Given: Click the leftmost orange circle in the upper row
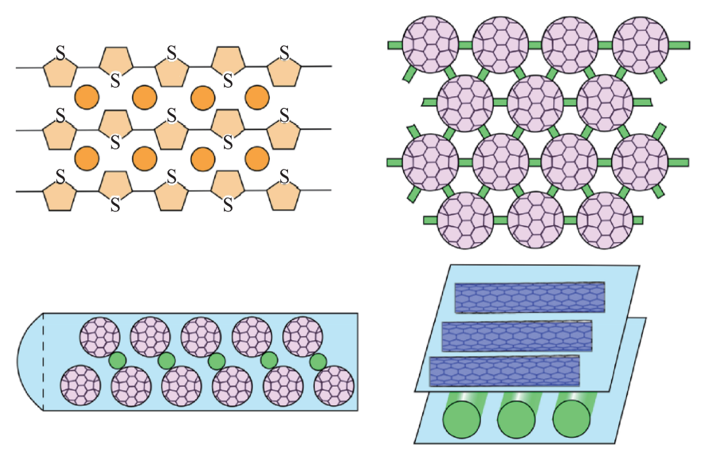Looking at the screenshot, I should pyautogui.click(x=87, y=97).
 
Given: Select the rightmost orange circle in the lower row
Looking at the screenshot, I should pyautogui.click(x=257, y=158).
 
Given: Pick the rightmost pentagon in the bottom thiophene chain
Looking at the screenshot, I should pyautogui.click(x=284, y=193).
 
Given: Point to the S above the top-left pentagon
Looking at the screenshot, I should pyautogui.click(x=60, y=53).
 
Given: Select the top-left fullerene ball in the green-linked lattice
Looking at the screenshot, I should pyautogui.click(x=429, y=44).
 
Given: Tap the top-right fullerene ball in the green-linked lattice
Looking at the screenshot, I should pyautogui.click(x=640, y=44).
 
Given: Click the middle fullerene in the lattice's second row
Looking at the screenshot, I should pyautogui.click(x=535, y=102).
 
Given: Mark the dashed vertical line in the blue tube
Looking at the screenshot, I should pyautogui.click(x=43, y=362).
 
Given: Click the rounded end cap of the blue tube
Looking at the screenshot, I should pyautogui.click(x=30, y=362).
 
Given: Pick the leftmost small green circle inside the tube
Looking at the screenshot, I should pyautogui.click(x=117, y=361).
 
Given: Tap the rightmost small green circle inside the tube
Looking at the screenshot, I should pyautogui.click(x=318, y=361).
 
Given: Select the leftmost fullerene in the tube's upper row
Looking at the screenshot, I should pyautogui.click(x=100, y=337).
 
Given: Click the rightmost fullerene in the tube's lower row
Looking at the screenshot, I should pyautogui.click(x=334, y=386).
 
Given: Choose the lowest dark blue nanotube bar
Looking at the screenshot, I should pyautogui.click(x=504, y=372).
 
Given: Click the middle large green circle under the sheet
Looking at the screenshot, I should pyautogui.click(x=517, y=419).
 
